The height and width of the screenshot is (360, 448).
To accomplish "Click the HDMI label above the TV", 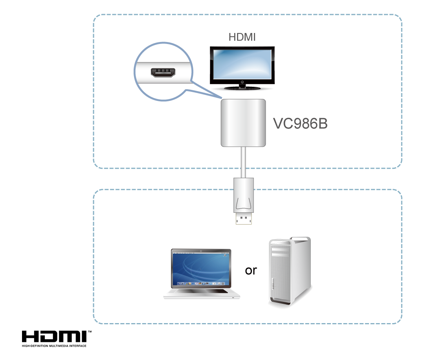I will pyautogui.click(x=242, y=37).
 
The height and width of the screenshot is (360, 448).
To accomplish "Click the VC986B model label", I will pyautogui.click(x=300, y=124).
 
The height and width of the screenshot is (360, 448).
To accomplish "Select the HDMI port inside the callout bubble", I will pyautogui.click(x=163, y=73).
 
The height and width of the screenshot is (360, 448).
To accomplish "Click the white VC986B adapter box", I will pyautogui.click(x=243, y=122).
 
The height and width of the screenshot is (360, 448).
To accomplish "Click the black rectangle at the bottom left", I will pyautogui.click(x=57, y=339).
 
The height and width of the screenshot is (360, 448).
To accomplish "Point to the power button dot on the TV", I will pyautogui.click(x=242, y=82).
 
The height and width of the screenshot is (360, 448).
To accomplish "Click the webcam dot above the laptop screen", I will pyautogui.click(x=201, y=250).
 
